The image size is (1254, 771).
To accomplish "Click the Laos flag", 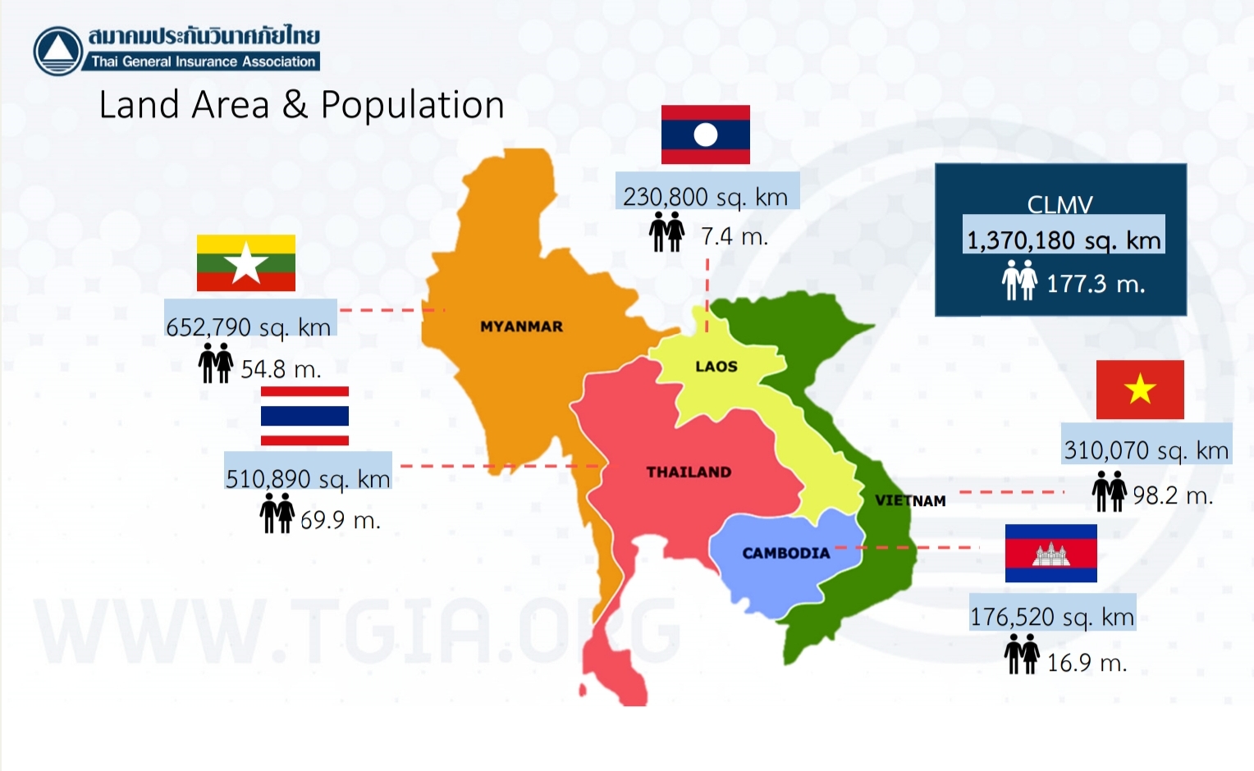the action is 706,135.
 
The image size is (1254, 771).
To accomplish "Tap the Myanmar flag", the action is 245,262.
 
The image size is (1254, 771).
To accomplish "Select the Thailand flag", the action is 304,416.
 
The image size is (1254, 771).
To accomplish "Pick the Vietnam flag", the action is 1140,390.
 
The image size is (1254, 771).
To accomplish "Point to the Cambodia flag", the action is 1050,554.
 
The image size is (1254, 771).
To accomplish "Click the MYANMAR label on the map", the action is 521,326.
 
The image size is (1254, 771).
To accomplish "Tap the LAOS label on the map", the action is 716,367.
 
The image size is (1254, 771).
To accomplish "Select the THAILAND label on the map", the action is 689,472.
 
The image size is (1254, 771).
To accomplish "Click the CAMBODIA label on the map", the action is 786,554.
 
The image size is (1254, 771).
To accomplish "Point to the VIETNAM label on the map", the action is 910,501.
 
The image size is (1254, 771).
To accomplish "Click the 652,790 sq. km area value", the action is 249,327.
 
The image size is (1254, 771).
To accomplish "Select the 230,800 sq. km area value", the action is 706,197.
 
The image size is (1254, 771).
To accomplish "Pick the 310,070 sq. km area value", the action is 1146,450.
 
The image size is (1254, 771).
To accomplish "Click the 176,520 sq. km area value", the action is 1052,617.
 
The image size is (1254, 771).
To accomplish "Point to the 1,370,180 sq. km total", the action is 1064,240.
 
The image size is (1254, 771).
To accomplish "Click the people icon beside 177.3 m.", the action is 1019,280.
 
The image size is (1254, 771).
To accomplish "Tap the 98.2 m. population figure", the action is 1173,495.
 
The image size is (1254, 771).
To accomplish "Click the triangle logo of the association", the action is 58,51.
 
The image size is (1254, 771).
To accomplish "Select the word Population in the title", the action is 413,105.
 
